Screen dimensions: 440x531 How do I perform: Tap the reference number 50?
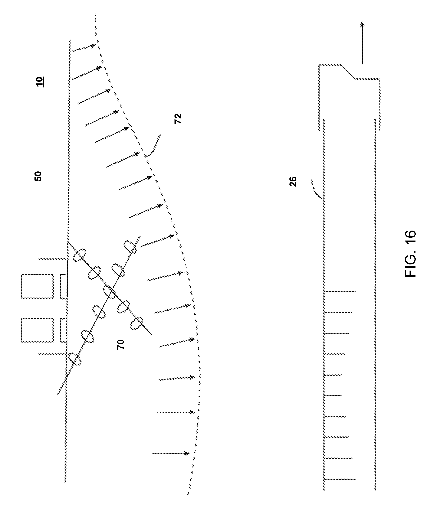[x=38, y=176]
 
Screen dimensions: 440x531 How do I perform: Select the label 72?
[x=178, y=119]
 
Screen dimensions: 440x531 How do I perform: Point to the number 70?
[x=120, y=344]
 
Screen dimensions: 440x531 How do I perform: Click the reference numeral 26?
[x=293, y=182]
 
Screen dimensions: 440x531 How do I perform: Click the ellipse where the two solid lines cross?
[x=110, y=292]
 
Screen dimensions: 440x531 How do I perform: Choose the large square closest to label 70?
[x=37, y=330]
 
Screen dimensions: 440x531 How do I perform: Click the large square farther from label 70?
[x=37, y=286]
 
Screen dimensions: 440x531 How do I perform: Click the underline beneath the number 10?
[x=43, y=82]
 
